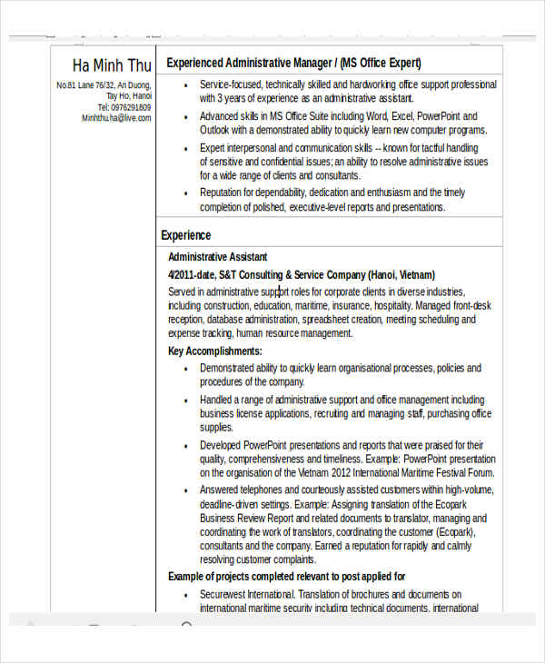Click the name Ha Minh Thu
pos(112,65)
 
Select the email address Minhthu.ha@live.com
pos(116,118)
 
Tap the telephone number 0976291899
pos(131,107)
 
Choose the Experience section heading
pos(185,235)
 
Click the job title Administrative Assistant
pos(217,257)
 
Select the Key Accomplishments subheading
pos(215,351)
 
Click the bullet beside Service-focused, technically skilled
pos(185,85)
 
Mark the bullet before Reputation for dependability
pos(185,193)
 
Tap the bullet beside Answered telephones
pos(185,490)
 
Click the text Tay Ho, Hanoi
pos(129,96)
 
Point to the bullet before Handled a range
pos(185,400)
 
